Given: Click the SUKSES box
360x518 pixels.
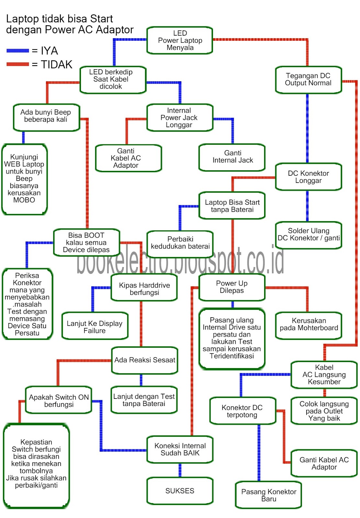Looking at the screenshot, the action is click(180, 491).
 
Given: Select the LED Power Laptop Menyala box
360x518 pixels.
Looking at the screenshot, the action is click(180, 40).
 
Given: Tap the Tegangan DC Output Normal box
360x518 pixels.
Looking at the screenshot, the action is click(308, 80).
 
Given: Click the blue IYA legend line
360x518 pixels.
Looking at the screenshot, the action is click(18, 51).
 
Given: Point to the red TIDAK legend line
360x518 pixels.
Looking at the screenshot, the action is click(18, 64).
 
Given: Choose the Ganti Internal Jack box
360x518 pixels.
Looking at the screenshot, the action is click(232, 157).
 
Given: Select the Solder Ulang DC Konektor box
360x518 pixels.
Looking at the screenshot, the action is click(309, 235).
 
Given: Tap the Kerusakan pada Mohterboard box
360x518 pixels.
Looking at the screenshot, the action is click(309, 325).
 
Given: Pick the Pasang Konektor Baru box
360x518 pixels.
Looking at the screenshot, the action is click(268, 495).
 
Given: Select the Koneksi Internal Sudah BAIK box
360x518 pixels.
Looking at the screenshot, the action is click(180, 449).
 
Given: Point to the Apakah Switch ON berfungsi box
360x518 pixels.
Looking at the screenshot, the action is click(59, 400).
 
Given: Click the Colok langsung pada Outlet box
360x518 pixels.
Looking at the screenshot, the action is click(324, 411).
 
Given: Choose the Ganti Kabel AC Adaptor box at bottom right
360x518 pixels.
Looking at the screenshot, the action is click(324, 464).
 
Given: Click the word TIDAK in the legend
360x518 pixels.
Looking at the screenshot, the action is click(57, 65).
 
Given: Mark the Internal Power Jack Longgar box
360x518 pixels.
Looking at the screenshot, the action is click(179, 118).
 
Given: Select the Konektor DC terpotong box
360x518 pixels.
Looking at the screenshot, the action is click(242, 411).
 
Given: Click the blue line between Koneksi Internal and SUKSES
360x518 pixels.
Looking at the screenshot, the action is click(180, 470).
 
